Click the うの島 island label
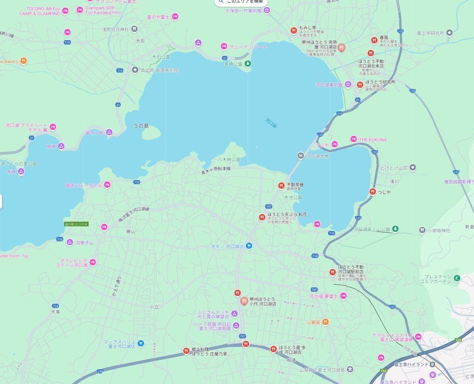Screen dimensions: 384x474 tap(141, 126)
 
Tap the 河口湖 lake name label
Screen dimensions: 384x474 tap(271, 123)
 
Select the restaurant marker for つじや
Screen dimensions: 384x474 tap(373, 191)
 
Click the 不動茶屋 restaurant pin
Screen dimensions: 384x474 tap(281, 185)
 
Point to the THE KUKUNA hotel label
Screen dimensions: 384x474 tap(373, 140)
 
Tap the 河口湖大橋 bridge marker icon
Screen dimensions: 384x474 tap(300, 156)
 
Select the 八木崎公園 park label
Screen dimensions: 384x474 tap(229, 160)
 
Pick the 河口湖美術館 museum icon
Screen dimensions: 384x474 tap(348, 85)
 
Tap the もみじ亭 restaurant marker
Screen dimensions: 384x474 tap(294, 31)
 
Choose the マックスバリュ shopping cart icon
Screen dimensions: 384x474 tap(141, 343)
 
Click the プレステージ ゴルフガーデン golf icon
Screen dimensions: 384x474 tap(456, 278)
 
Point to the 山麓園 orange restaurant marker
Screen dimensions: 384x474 tap(326, 322)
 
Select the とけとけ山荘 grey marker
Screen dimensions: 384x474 tap(413, 168)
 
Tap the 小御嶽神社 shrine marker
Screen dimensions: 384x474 tap(422, 231)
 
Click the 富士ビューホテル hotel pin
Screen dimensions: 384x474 tap(107, 185)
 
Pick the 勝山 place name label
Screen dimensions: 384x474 tap(131, 232)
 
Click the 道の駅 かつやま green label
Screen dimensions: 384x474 tap(76, 224)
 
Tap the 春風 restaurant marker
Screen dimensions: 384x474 tap(374, 40)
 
